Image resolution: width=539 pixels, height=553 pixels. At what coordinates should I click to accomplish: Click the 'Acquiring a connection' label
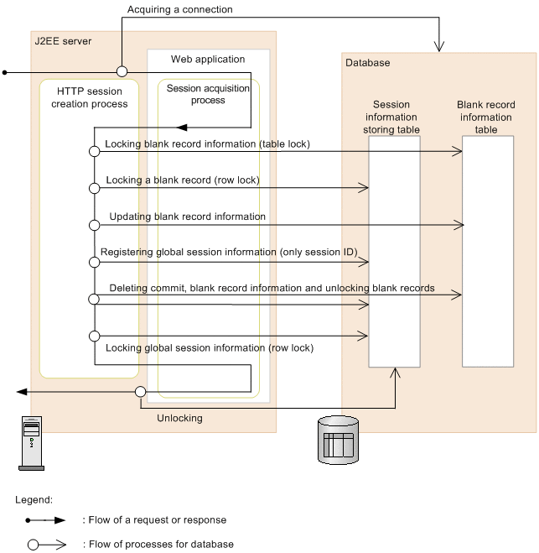coord(179,10)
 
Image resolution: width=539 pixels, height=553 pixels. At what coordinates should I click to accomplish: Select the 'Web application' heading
coord(208,60)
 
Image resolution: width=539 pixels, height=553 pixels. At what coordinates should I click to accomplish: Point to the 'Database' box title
coord(367,63)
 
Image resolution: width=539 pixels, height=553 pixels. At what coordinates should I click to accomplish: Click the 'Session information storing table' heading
coord(391,117)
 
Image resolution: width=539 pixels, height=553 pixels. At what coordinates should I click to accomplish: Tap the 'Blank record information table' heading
coord(486,117)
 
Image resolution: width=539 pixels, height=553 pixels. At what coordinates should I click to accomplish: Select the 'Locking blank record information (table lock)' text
coord(207,144)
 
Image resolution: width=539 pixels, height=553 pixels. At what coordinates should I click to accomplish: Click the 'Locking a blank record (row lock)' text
coord(182,180)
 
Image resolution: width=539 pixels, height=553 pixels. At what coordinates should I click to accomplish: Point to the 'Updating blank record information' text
coord(188,217)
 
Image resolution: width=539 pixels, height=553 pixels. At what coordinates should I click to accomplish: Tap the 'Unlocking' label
coord(179,418)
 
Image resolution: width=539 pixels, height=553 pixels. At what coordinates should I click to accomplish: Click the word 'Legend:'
coord(34,499)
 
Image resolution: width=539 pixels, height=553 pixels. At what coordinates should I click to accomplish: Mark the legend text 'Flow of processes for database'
coord(160,544)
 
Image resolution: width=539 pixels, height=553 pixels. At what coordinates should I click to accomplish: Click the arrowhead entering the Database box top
coord(439,46)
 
